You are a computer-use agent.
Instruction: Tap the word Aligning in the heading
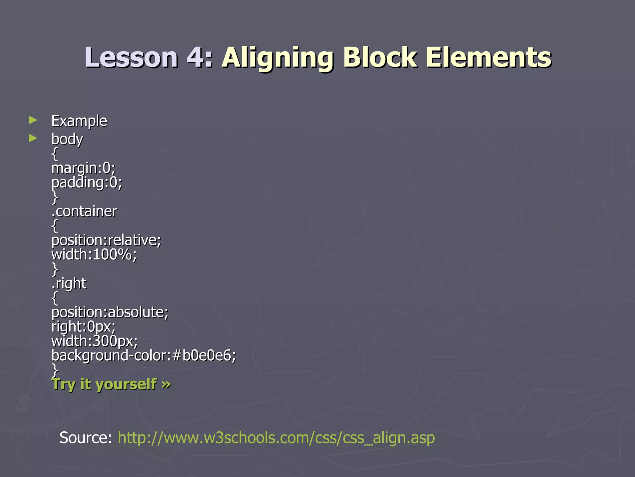[278, 58]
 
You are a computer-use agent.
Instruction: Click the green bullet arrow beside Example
[33, 120]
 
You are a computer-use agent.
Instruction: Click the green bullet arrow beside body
[33, 138]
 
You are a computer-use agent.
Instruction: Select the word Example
[79, 121]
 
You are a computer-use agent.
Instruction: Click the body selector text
[67, 139]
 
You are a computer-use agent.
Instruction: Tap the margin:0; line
[83, 168]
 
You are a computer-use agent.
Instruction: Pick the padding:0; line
[87, 182]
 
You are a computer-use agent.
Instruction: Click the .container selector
[84, 211]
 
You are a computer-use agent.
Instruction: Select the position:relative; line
[106, 240]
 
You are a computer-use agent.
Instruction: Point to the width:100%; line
[94, 254]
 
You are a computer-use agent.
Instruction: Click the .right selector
[69, 283]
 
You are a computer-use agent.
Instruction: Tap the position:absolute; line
[110, 312]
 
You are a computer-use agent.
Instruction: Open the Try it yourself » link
[111, 384]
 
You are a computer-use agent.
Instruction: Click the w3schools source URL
[276, 438]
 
